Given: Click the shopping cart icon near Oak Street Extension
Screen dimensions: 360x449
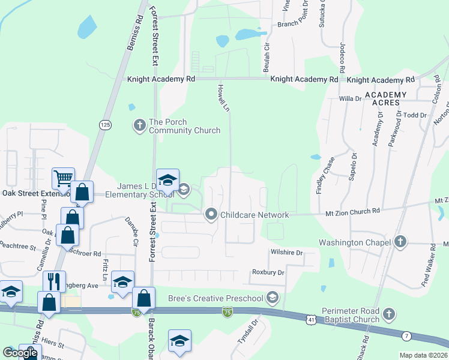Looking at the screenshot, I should click(63, 178).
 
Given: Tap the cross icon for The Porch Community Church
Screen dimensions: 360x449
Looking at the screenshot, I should click(139, 125).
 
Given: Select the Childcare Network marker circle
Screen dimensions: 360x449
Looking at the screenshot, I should click(211, 214).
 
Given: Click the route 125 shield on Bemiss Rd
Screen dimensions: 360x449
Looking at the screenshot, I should click(106, 124).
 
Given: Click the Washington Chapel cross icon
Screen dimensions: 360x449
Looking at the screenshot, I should click(400, 242).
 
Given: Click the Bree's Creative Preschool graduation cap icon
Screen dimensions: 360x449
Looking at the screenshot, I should click(273, 298).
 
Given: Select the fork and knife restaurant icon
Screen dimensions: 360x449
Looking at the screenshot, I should click(53, 281).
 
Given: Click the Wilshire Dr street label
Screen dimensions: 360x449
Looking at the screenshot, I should click(287, 253).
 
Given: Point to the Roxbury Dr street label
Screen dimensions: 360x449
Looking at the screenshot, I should click(268, 272).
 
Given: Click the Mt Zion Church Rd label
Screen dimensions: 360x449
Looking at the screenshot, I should click(353, 211).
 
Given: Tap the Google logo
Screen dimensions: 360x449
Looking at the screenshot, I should click(20, 353).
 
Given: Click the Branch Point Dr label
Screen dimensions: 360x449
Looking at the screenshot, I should click(298, 25).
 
